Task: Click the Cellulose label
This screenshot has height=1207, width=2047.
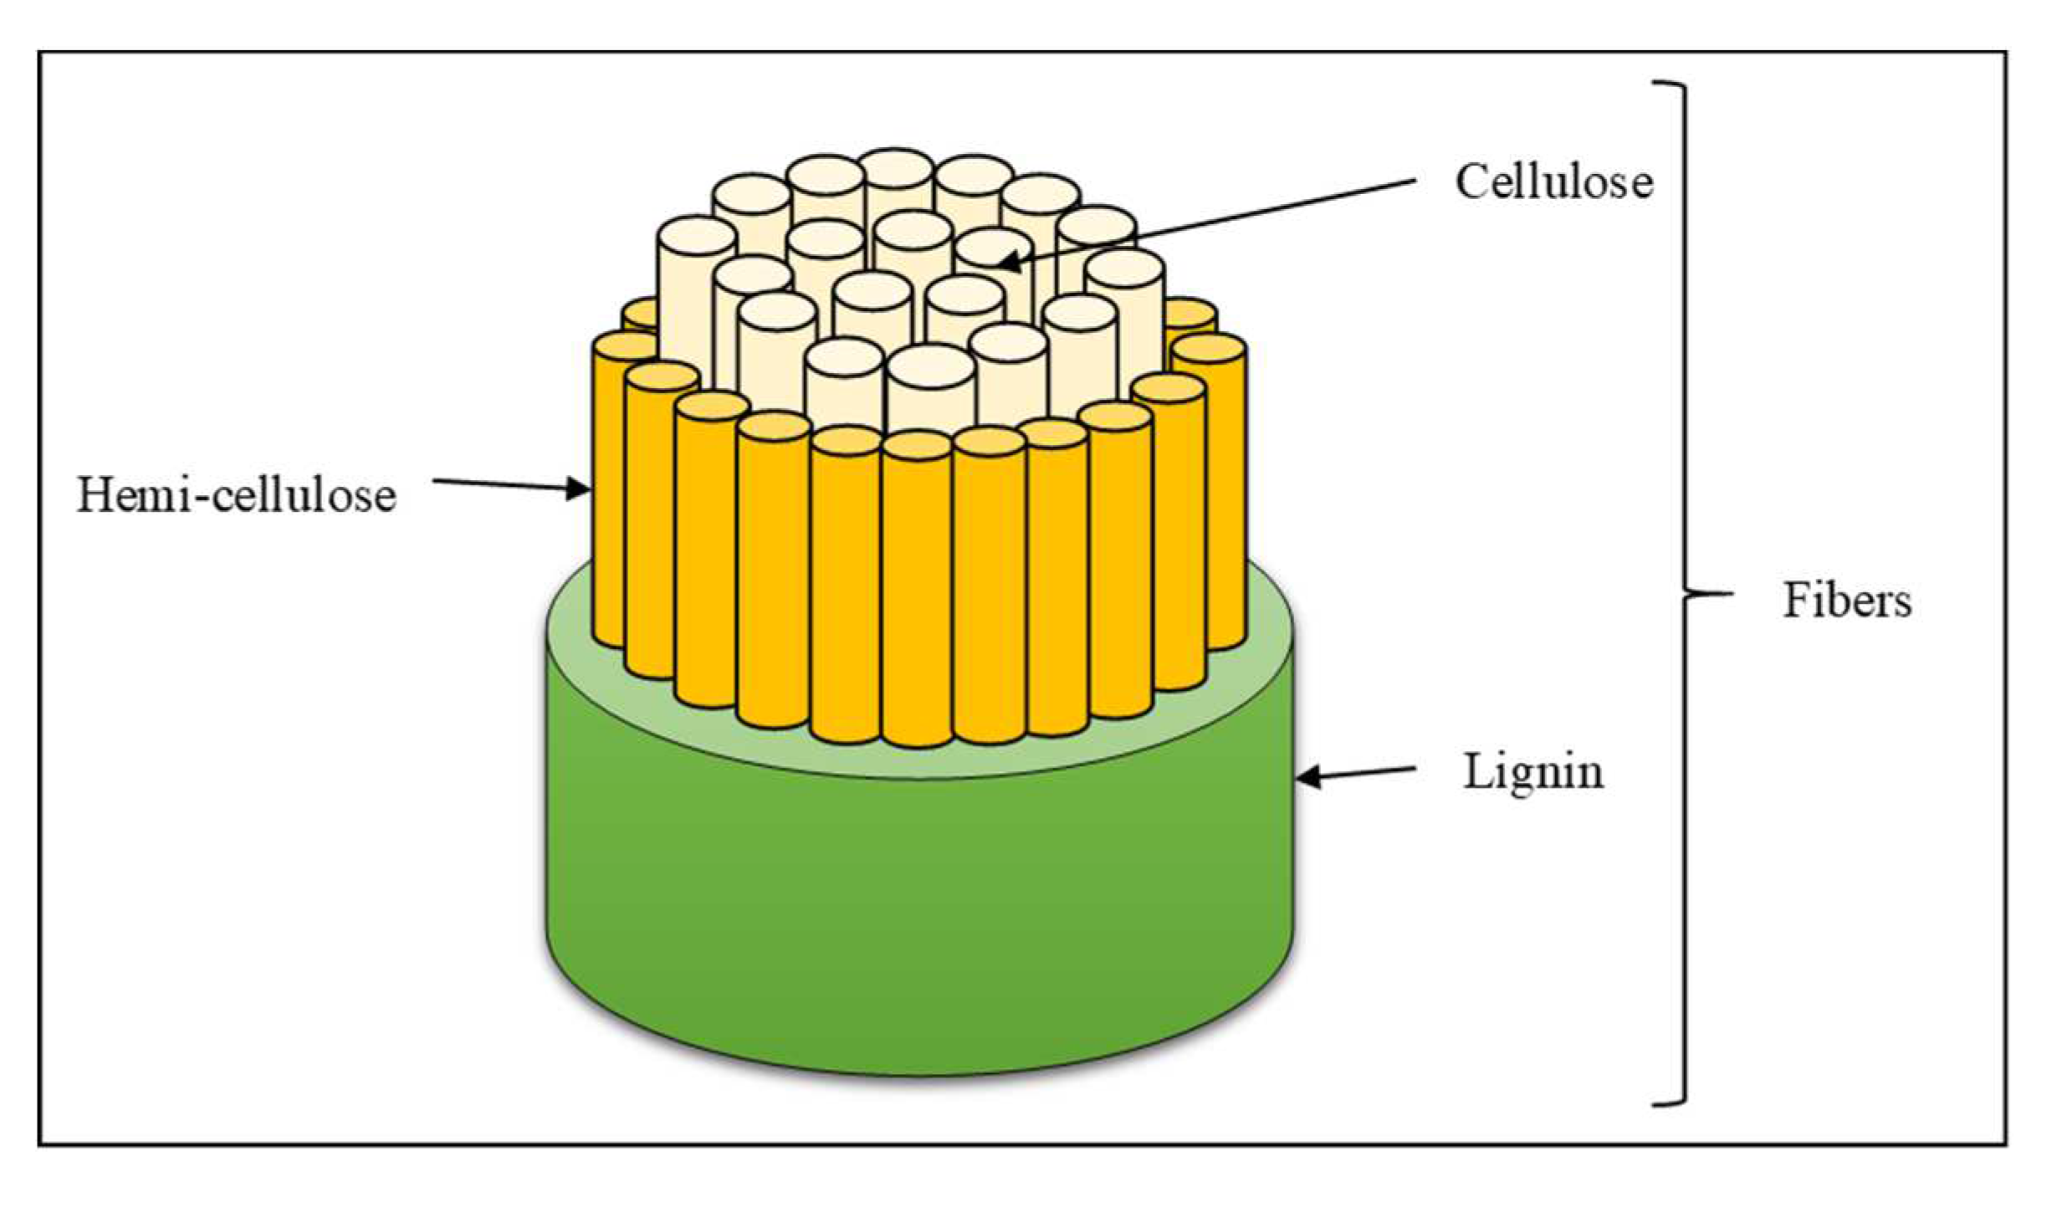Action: click(1553, 182)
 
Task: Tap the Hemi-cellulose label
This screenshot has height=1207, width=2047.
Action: click(236, 495)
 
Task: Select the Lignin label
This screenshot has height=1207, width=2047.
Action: click(1533, 772)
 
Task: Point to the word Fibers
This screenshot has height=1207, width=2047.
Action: click(1847, 601)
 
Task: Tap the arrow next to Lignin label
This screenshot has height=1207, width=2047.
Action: click(1355, 773)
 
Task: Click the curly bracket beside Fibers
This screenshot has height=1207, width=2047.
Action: click(1681, 594)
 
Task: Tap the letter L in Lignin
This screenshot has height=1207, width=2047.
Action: click(1477, 772)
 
